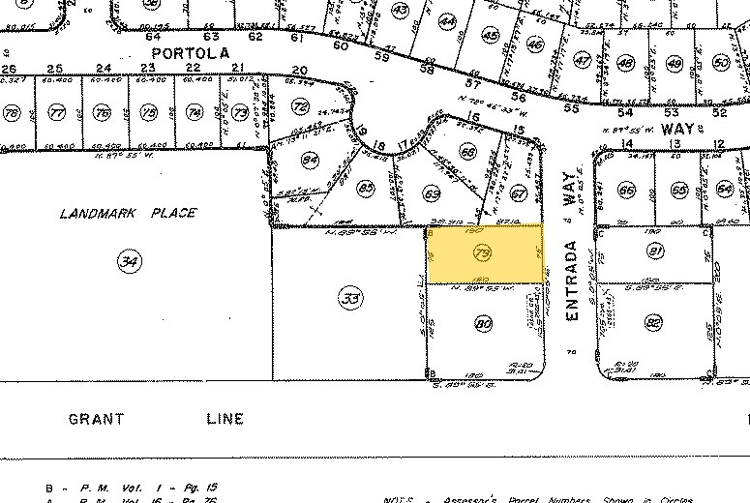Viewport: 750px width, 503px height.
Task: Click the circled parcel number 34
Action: point(127,259)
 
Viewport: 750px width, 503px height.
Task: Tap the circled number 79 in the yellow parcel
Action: point(484,253)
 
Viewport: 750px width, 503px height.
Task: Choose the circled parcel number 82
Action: point(654,323)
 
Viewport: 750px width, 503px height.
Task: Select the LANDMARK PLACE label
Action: point(127,213)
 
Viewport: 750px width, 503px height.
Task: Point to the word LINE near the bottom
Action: point(225,419)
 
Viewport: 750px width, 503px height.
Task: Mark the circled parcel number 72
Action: point(301,106)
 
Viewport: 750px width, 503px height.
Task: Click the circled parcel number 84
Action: point(311,160)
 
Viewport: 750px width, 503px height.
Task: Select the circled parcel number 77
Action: point(57,113)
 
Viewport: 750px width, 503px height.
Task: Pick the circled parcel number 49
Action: point(675,64)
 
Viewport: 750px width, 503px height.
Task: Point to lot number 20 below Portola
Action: point(299,70)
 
